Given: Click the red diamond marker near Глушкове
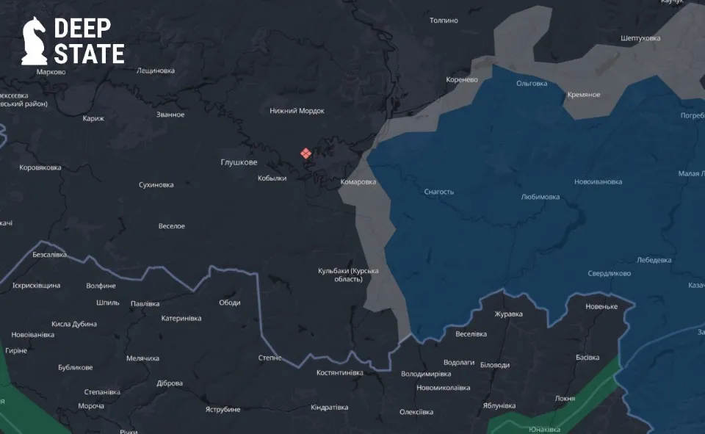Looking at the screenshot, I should coord(305,153).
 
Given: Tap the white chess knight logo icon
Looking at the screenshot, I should coord(34,41).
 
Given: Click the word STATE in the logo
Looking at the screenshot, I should coord(89,54).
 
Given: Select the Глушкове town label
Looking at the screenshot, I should coord(239,162).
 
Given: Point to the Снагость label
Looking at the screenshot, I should coord(439,192).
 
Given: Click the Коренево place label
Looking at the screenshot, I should coord(462,79).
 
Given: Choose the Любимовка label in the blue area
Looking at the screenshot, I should coord(540,197).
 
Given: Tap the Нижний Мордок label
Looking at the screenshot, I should coord(297,111).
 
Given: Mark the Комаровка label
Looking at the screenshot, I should coord(358,182).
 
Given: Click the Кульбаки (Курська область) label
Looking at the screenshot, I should coord(348,275).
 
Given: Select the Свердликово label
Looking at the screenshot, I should coord(609,273).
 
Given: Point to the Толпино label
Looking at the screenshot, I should coord(444,21).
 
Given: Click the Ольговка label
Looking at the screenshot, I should coord(532,83).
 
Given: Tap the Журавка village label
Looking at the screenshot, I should coord(508,314).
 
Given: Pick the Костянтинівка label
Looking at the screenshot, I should coord(339,372).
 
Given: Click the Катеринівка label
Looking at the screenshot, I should coord(181,318).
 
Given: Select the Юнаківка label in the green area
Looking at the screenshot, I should coord(544,429).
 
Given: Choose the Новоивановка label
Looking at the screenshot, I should coord(598,181).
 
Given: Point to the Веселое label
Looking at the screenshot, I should coord(172,226).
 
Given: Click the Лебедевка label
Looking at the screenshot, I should coord(654,260).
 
